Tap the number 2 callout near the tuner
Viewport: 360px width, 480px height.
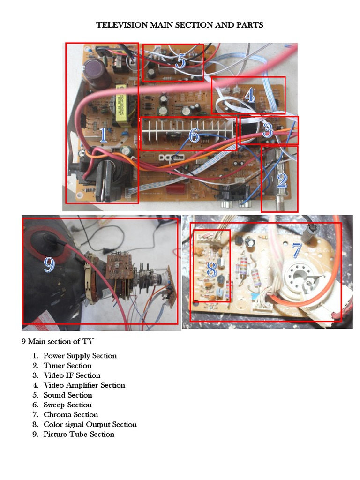[x=281, y=180]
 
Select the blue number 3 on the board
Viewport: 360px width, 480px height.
[x=268, y=130]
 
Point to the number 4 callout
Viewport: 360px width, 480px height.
[x=249, y=96]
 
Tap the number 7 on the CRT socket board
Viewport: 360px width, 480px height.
[x=296, y=251]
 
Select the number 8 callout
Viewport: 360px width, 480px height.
[x=211, y=269]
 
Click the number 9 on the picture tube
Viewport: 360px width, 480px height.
[x=49, y=264]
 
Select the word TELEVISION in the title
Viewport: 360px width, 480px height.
[x=122, y=25]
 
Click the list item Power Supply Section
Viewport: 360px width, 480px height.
[x=80, y=356]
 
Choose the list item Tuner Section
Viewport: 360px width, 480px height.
[x=67, y=366]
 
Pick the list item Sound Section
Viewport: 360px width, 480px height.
[x=67, y=395]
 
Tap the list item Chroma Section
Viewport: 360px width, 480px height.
[x=71, y=415]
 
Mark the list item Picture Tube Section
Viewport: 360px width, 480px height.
[x=79, y=435]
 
